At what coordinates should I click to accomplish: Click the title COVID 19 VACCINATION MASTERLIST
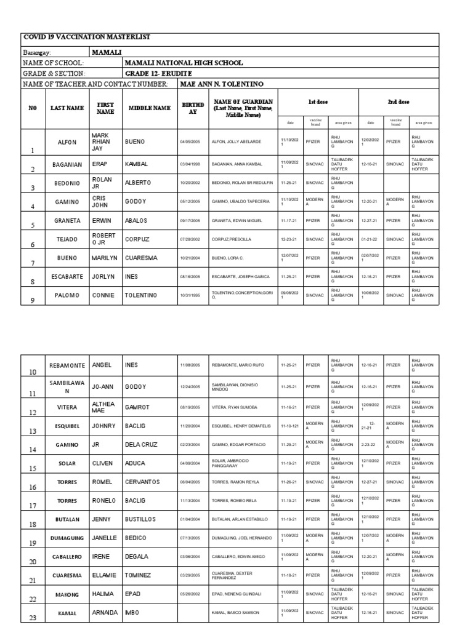tap(86, 38)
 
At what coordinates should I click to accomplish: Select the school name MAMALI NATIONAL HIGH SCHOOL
tap(184, 63)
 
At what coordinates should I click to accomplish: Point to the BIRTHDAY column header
tap(192, 108)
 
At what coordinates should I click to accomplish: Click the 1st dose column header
tap(318, 102)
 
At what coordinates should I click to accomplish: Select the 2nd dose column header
tap(398, 102)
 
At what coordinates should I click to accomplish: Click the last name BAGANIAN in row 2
tap(67, 164)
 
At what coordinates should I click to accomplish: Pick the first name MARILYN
tap(104, 258)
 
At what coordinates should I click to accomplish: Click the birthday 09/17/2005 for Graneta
tap(190, 220)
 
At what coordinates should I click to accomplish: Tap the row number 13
tap(33, 432)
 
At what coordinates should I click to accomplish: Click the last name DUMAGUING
tap(67, 538)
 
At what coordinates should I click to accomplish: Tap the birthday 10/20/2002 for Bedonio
tap(190, 183)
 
